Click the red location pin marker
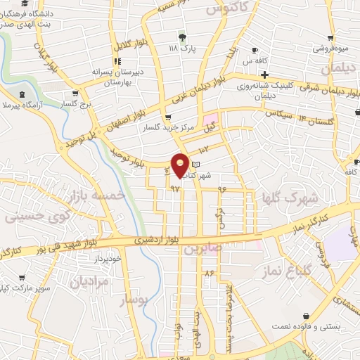click(x=180, y=165)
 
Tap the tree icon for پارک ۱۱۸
click(x=184, y=37)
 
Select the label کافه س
click(x=264, y=62)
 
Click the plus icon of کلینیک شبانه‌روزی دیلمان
click(x=264, y=74)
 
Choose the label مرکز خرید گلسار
click(x=167, y=128)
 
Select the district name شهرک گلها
click(x=290, y=198)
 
